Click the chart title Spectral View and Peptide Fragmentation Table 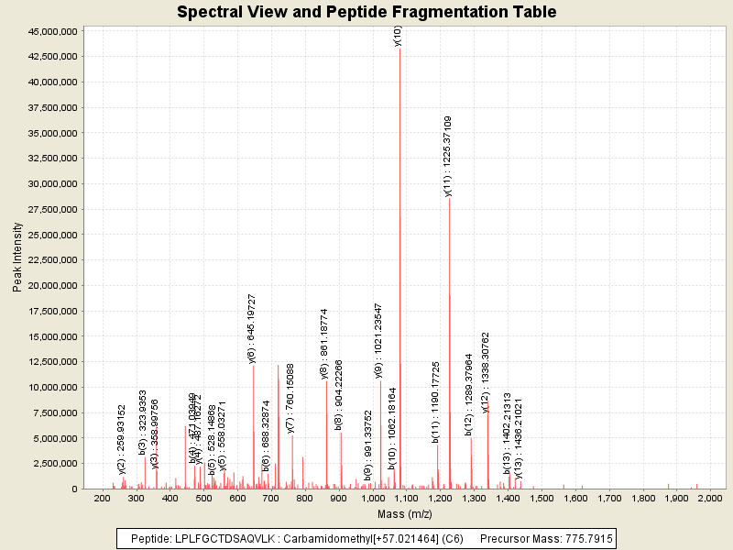(x=366, y=12)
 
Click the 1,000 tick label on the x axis (x=372, y=498)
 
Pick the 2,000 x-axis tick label (x=710, y=498)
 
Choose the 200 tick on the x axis (x=102, y=498)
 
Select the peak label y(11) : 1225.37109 (x=448, y=156)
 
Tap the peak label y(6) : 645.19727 (x=252, y=329)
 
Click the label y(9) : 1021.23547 (x=378, y=340)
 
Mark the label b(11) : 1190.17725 (x=436, y=401)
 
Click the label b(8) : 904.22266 (x=338, y=395)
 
